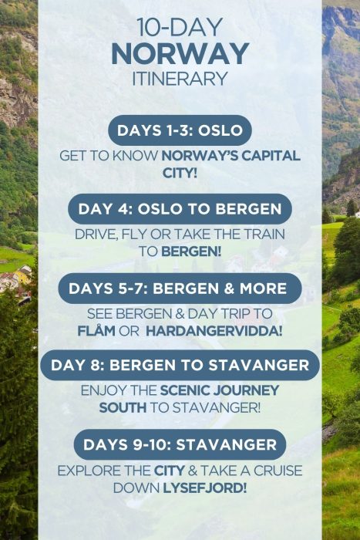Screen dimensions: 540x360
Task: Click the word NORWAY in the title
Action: pyautogui.click(x=180, y=54)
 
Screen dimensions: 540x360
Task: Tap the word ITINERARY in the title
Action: pyautogui.click(x=180, y=79)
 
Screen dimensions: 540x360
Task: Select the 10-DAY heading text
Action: pyautogui.click(x=180, y=28)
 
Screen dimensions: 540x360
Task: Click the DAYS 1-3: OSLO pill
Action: pyautogui.click(x=180, y=130)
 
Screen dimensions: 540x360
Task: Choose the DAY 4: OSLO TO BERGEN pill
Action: pyautogui.click(x=180, y=209)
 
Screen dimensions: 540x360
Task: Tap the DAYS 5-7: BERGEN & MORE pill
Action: pyautogui.click(x=180, y=289)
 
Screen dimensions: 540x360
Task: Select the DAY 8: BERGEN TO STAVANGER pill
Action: pyautogui.click(x=180, y=365)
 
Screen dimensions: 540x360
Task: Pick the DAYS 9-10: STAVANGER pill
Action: pyautogui.click(x=180, y=444)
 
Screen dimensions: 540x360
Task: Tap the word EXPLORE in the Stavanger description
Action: pyautogui.click(x=87, y=471)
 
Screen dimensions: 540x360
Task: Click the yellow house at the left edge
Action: pyautogui.click(x=23, y=274)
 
